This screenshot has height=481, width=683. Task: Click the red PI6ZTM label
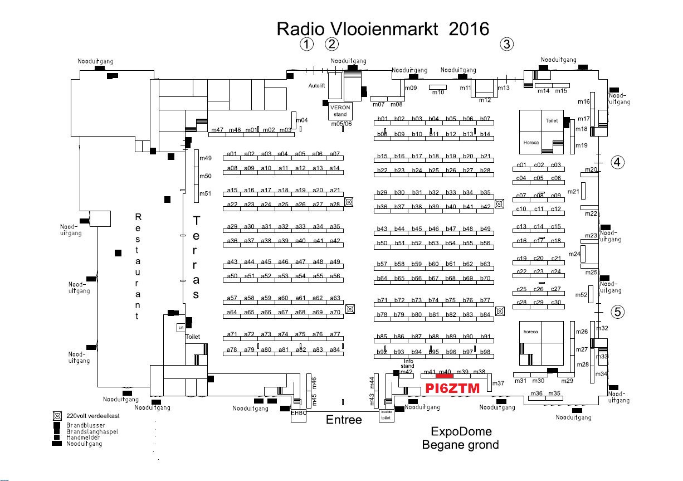tap(451, 388)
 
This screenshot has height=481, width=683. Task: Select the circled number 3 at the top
tap(506, 45)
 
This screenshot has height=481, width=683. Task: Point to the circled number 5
tap(618, 312)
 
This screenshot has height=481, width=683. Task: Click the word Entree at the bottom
tap(344, 420)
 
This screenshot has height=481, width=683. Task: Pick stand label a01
tap(232, 154)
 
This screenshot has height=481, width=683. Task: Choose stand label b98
tap(485, 352)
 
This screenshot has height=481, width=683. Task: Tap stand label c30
tap(555, 303)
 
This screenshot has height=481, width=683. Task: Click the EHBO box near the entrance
tap(299, 413)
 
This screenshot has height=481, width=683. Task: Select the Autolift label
tap(316, 86)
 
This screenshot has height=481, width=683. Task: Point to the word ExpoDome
tap(461, 432)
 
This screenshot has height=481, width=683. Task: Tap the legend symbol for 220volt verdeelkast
tap(57, 416)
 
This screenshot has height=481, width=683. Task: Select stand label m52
tap(581, 295)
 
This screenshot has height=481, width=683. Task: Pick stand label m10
tap(438, 93)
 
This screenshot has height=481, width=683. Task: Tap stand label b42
tap(485, 207)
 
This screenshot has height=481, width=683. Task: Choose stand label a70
tap(334, 312)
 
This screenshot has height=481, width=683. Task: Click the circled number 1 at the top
tap(306, 44)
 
